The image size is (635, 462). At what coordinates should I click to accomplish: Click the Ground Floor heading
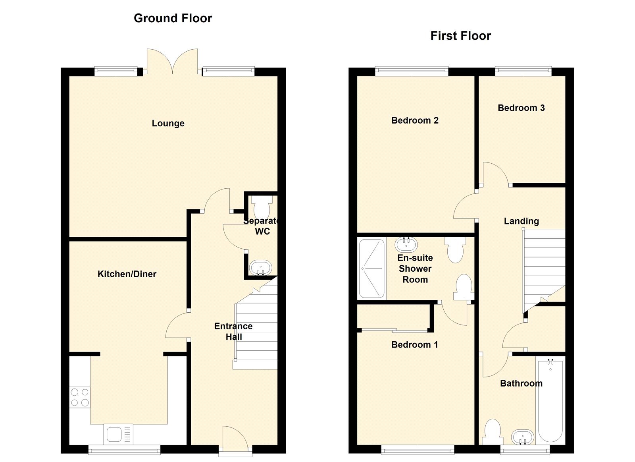click(x=173, y=18)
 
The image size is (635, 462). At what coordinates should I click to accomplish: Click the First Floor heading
click(x=461, y=36)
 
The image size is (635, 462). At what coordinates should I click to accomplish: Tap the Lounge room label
click(x=168, y=123)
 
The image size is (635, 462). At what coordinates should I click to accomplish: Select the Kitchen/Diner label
click(x=127, y=274)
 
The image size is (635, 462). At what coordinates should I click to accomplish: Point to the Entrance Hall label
click(x=233, y=331)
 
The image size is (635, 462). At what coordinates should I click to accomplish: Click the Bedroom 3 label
click(x=521, y=108)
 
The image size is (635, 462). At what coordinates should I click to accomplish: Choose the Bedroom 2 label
click(x=415, y=120)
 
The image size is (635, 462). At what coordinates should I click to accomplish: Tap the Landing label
click(x=521, y=221)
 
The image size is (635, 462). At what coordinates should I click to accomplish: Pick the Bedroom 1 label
click(x=414, y=344)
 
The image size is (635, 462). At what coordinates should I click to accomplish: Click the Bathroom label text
click(x=521, y=383)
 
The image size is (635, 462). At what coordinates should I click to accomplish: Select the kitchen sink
click(x=118, y=435)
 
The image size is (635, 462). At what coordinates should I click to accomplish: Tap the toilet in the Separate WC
click(x=262, y=207)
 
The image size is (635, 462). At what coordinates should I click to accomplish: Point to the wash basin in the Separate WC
click(x=260, y=268)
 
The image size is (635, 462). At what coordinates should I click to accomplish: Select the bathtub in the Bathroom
click(x=550, y=400)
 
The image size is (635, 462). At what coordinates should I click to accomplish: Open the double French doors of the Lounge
click(x=172, y=62)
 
